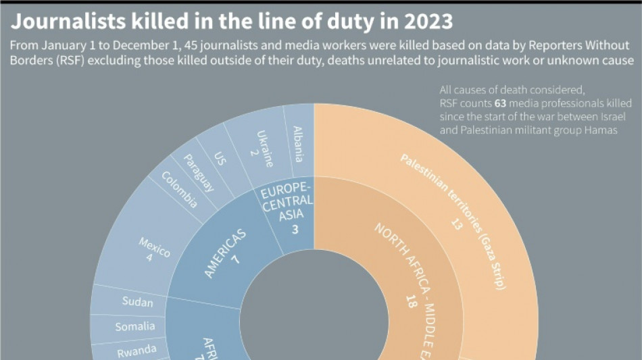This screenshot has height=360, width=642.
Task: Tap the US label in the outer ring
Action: (220, 159)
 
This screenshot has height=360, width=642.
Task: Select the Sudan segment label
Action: (137, 303)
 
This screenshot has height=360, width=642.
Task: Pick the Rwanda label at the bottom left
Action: (137, 349)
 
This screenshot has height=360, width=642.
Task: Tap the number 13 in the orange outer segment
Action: (457, 224)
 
